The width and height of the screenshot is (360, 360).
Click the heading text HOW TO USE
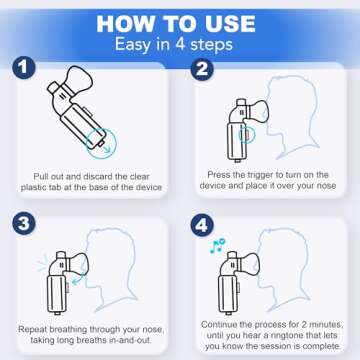tap(179, 21)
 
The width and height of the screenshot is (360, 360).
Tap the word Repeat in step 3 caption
tap(32, 327)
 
